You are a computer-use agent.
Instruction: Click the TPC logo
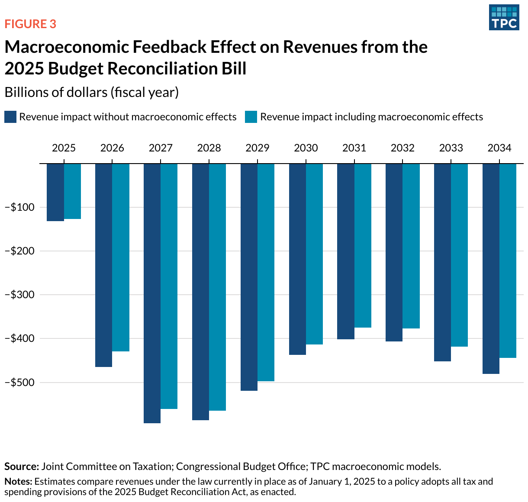pyautogui.click(x=504, y=17)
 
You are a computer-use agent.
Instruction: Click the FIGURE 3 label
pyautogui.click(x=30, y=24)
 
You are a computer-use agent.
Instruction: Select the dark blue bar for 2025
pyautogui.click(x=55, y=192)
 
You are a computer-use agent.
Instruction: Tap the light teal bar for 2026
pyautogui.click(x=121, y=257)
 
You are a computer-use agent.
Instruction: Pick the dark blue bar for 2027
pyautogui.click(x=152, y=293)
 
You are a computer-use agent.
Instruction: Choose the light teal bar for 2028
pyautogui.click(x=217, y=286)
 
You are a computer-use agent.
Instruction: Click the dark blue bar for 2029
pyautogui.click(x=249, y=277)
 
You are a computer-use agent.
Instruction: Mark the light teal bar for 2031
pyautogui.click(x=363, y=245)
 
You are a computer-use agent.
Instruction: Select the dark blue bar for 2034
pyautogui.click(x=491, y=268)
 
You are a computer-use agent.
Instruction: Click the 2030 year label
pyautogui.click(x=306, y=148)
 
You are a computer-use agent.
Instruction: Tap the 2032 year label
pyautogui.click(x=402, y=148)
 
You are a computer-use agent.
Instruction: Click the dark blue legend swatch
pyautogui.click(x=10, y=117)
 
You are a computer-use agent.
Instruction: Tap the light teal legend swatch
pyautogui.click(x=251, y=117)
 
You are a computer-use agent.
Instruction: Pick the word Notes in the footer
pyautogui.click(x=18, y=482)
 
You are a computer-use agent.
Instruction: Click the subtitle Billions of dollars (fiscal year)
pyautogui.click(x=91, y=92)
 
